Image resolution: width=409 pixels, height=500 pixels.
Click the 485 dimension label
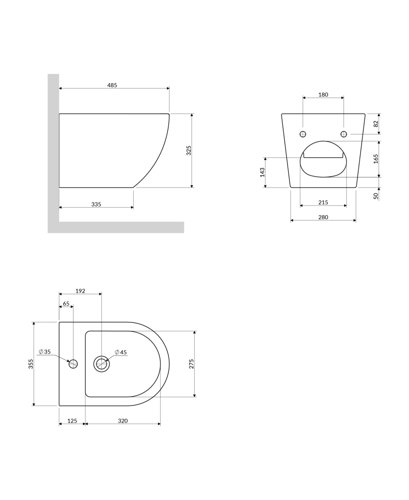[112, 85]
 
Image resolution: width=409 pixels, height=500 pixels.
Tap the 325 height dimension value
[189, 150]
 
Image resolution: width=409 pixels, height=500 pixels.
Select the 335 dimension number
[96, 204]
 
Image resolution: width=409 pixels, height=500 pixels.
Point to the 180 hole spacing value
[323, 95]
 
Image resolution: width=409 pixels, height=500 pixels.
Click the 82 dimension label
[376, 124]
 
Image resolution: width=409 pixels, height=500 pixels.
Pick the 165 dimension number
[376, 159]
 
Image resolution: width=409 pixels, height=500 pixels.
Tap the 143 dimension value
[262, 172]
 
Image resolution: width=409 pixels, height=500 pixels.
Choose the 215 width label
[323, 202]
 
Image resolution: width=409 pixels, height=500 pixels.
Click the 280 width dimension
[323, 218]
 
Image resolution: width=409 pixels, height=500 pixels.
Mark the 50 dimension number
[376, 196]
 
